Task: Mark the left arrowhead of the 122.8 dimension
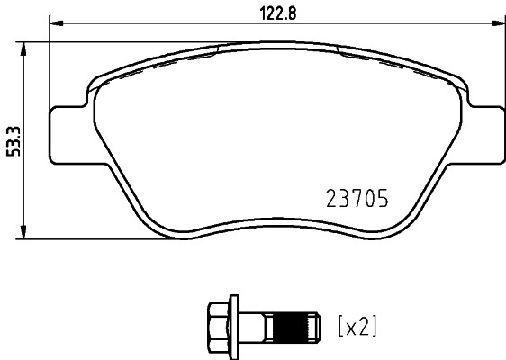[54, 22]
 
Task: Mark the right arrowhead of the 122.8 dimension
[498, 22]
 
